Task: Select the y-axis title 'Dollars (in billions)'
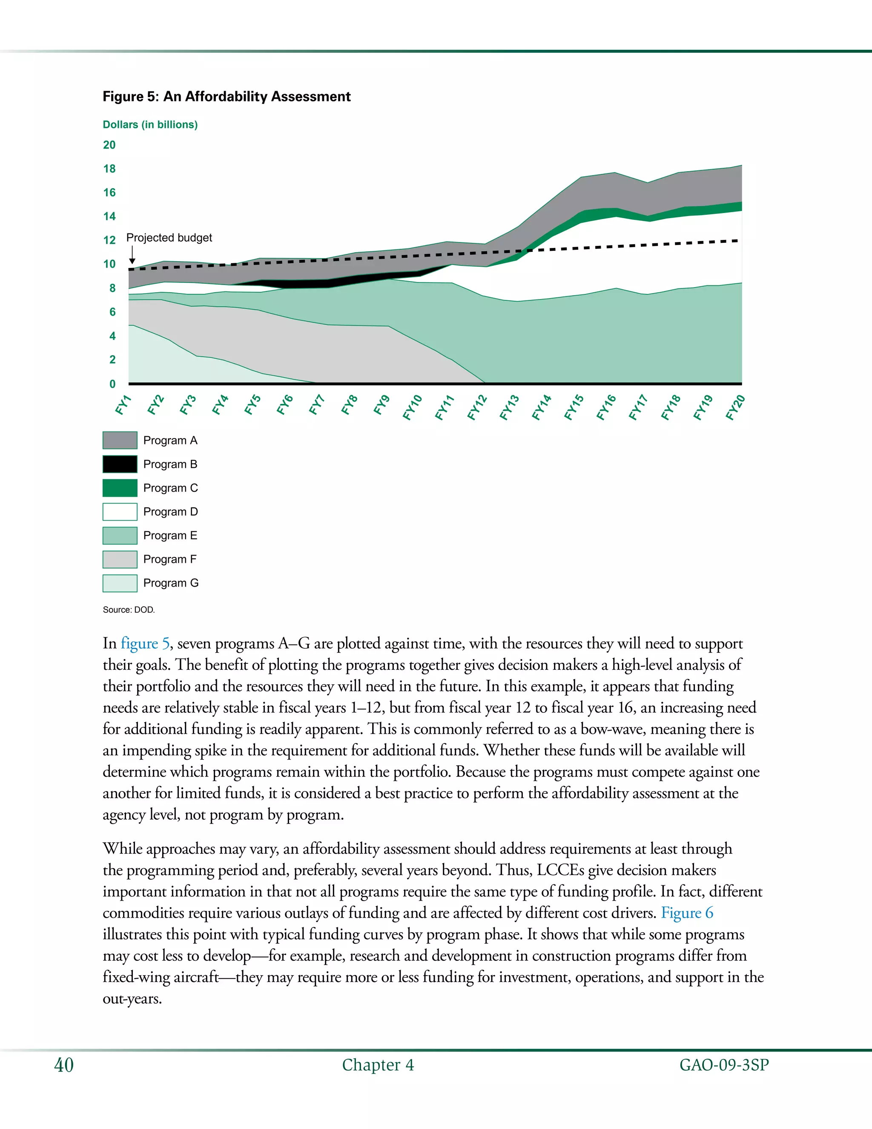click(x=150, y=124)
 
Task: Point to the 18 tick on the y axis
click(x=109, y=169)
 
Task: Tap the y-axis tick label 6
click(x=112, y=312)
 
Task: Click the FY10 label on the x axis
click(x=413, y=407)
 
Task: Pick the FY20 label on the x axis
click(x=735, y=407)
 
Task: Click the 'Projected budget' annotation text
click(x=169, y=238)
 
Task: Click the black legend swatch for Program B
click(x=120, y=464)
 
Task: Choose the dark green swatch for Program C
click(x=120, y=488)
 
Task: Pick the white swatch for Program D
click(x=120, y=512)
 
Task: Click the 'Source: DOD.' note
click(x=129, y=610)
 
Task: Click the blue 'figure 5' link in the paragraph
click(x=145, y=644)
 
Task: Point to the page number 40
click(x=64, y=1065)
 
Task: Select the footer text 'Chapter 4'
click(x=378, y=1065)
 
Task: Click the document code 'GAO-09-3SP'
click(x=724, y=1065)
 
